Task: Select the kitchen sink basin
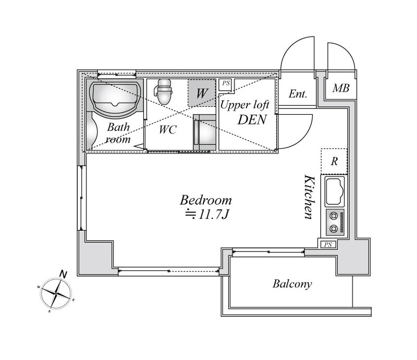[x=335, y=191]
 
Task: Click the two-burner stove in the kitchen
[x=335, y=222]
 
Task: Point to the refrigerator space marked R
[x=334, y=162]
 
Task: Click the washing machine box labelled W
[x=202, y=93]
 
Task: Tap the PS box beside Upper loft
[x=226, y=84]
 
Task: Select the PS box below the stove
[x=328, y=244]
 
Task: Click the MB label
[x=341, y=88]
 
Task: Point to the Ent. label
[x=298, y=94]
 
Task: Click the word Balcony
[x=292, y=284]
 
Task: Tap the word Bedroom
[x=206, y=200]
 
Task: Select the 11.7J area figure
[x=207, y=215]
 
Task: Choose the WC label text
[x=168, y=130]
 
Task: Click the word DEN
[x=252, y=120]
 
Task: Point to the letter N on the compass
[x=63, y=274]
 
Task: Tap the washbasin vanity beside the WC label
[x=204, y=132]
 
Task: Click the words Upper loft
[x=244, y=106]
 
